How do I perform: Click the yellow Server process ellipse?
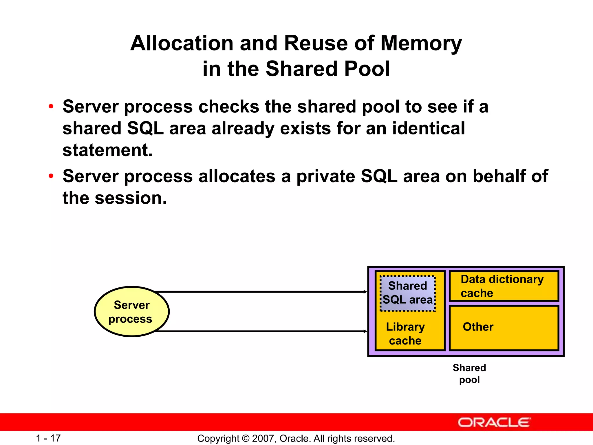point(132,311)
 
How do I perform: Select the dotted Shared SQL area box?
point(407,293)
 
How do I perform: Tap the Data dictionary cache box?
point(504,286)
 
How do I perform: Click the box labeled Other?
point(504,328)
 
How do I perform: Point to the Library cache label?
point(405,333)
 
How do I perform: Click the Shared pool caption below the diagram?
point(469,373)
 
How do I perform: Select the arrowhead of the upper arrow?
point(365,292)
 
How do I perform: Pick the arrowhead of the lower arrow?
point(365,331)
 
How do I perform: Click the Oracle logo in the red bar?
point(494,422)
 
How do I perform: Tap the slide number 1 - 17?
point(48,438)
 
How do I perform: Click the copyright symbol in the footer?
point(246,438)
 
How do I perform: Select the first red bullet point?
point(51,106)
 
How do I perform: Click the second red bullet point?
point(51,176)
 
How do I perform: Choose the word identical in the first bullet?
point(429,128)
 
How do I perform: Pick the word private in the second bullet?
point(326,176)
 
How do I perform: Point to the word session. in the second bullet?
point(131,198)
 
